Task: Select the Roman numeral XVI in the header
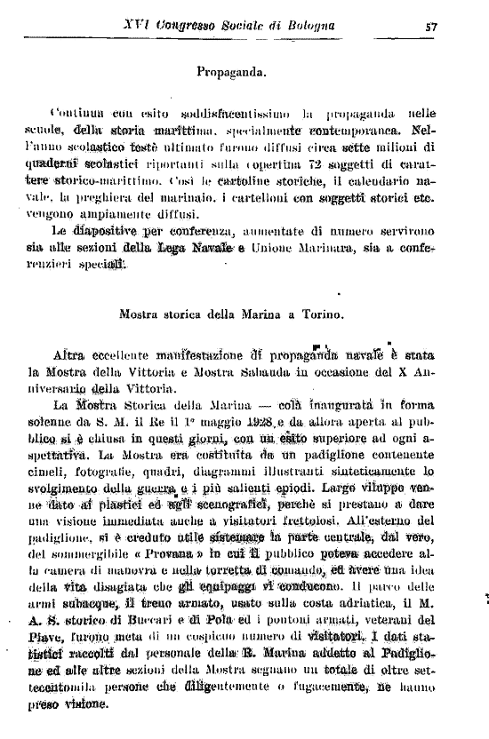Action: coord(134,26)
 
